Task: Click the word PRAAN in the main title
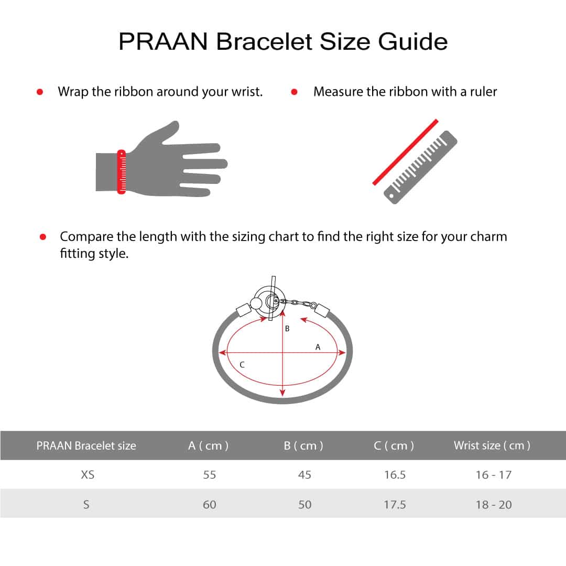tap(163, 41)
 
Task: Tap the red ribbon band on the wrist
tap(122, 172)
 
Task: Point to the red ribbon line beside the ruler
tap(405, 152)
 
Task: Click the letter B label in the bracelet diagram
tap(287, 329)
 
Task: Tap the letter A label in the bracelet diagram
tap(318, 347)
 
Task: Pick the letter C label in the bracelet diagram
tap(242, 365)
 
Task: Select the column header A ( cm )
tap(209, 445)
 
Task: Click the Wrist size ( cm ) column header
tap(492, 445)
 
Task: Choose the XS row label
tap(88, 475)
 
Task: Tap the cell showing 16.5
tap(395, 475)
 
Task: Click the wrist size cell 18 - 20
tap(494, 505)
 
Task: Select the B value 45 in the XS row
tap(304, 475)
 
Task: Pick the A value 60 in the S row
tap(209, 505)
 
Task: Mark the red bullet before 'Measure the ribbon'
tap(294, 92)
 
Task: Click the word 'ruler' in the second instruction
tap(482, 92)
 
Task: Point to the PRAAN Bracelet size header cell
tap(86, 445)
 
